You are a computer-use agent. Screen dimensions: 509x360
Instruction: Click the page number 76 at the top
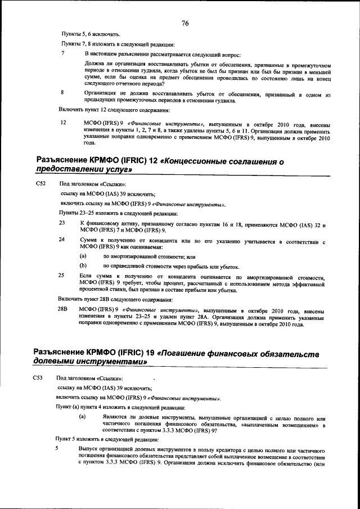pos(185,23)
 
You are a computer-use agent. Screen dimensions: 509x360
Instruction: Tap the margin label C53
pos(38,378)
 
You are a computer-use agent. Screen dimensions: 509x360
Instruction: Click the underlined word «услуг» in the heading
pos(114,170)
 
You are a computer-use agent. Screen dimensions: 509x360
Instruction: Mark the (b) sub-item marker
pos(83,266)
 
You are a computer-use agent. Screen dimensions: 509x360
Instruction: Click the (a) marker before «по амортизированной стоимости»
pos(83,256)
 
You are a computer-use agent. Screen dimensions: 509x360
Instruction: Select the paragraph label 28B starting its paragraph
pos(63,309)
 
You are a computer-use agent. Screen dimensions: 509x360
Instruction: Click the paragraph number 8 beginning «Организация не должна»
pos(63,92)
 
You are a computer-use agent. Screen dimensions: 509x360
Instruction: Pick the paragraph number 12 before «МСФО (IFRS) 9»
pos(64,121)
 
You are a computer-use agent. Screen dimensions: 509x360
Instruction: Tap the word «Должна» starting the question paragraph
pos(94,64)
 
